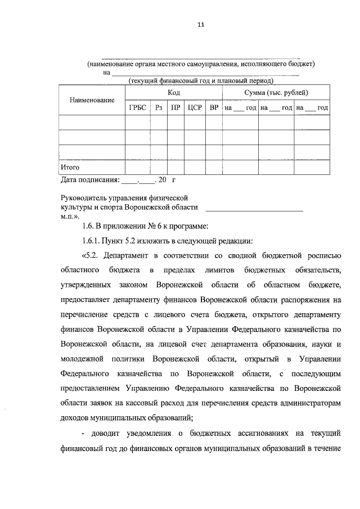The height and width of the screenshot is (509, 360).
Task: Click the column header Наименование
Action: coord(92,100)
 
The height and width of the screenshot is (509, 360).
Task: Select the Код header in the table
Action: coord(173,92)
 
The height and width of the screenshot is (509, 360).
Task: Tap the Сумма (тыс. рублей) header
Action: coord(276,92)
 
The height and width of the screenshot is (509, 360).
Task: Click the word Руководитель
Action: coord(84,199)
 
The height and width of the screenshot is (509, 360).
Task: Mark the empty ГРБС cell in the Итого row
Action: coord(137,167)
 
